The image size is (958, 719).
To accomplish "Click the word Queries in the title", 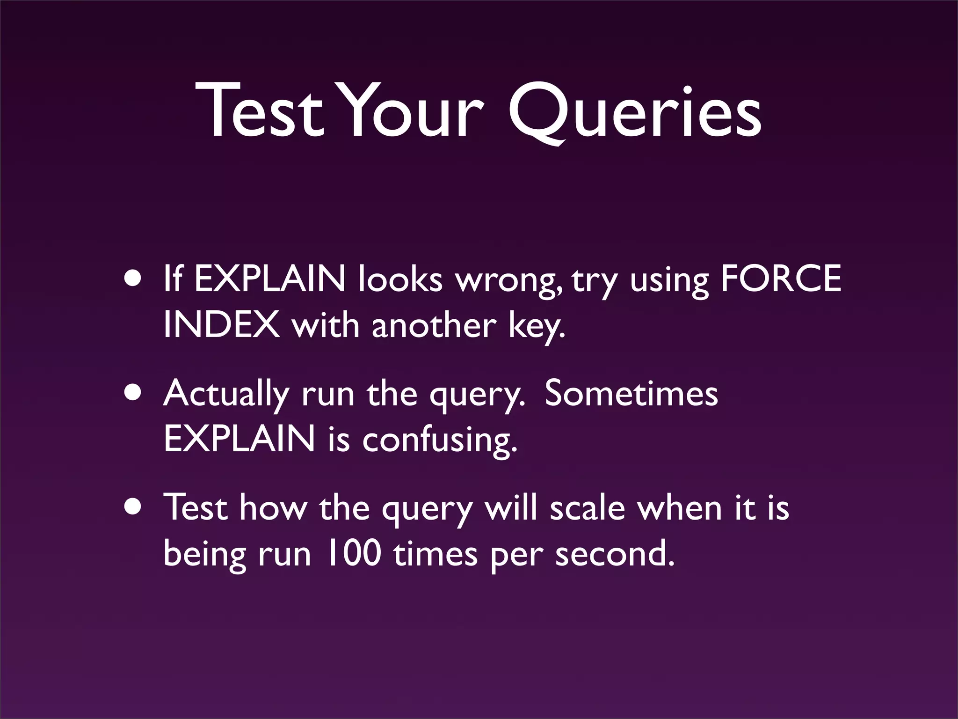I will tap(635, 112).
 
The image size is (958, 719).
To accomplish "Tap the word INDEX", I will tap(221, 325).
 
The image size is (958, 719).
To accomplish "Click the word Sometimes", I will tap(631, 394).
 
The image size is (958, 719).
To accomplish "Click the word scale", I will tap(587, 508).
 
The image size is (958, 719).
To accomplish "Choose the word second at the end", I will tap(615, 554).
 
